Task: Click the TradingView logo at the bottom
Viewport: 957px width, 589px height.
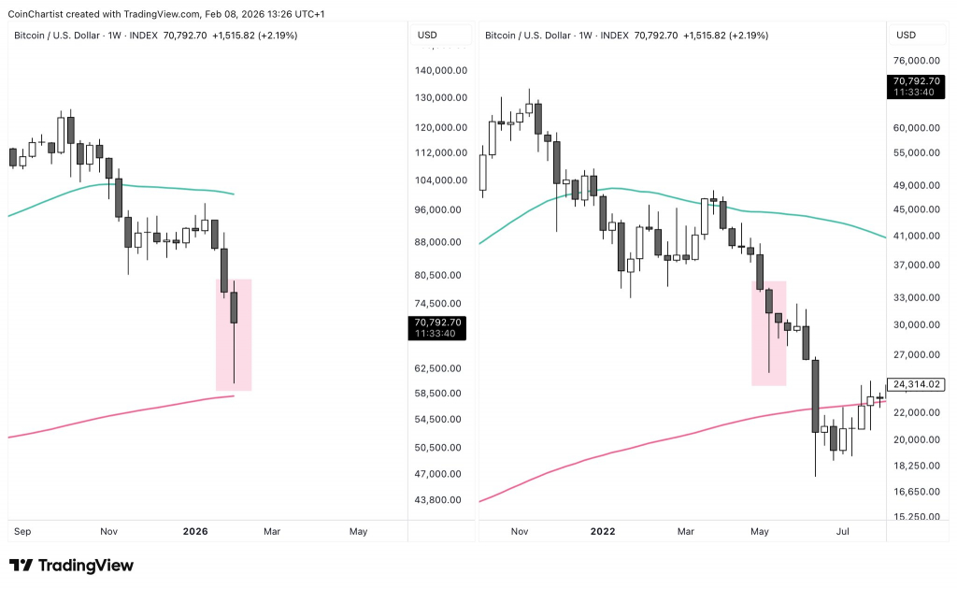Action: pyautogui.click(x=71, y=566)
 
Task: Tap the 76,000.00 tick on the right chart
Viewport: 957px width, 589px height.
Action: pyautogui.click(x=918, y=62)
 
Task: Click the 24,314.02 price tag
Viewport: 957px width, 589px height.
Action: pyautogui.click(x=917, y=384)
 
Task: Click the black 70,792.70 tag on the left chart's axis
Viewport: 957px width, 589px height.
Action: pyautogui.click(x=439, y=327)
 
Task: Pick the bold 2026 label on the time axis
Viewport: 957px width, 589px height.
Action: pyautogui.click(x=195, y=532)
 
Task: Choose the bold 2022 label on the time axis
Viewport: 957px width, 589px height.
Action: pyautogui.click(x=603, y=532)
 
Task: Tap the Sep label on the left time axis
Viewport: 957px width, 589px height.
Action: pyautogui.click(x=23, y=532)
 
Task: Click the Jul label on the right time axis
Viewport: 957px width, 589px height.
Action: pyautogui.click(x=843, y=532)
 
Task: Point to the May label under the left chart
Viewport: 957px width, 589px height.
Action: pyautogui.click(x=358, y=532)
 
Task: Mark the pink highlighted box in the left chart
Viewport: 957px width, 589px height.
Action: pyautogui.click(x=234, y=335)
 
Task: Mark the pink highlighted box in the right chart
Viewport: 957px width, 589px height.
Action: pyautogui.click(x=768, y=333)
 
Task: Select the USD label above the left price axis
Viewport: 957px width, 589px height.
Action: pyautogui.click(x=427, y=36)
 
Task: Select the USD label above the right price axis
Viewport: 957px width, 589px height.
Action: pyautogui.click(x=906, y=36)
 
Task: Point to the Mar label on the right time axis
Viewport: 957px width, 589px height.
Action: pyautogui.click(x=686, y=532)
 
